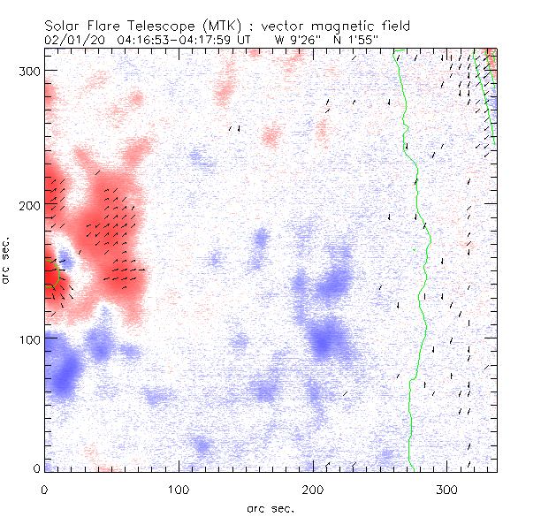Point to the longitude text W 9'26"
294,39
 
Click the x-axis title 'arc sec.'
270,508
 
